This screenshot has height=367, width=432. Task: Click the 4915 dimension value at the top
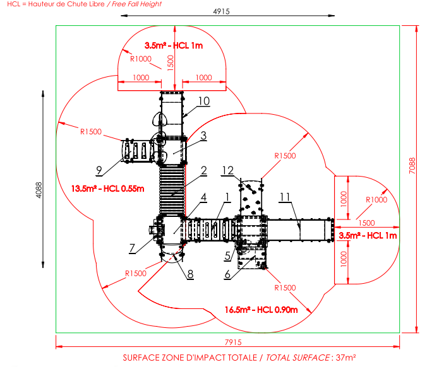coord(221,11)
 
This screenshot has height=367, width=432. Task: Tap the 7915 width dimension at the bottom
coord(233,342)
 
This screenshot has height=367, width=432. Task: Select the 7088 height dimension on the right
coord(412,166)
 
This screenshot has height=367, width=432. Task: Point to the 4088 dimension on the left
coord(39,190)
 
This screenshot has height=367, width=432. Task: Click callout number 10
coord(204,102)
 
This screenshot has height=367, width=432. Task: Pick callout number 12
coord(228,170)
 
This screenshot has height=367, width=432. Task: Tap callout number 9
coord(99,170)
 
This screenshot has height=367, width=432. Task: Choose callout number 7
coord(132,248)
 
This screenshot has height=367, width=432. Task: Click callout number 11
coord(285,197)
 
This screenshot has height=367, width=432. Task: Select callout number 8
coord(190,274)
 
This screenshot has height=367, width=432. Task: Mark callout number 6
coord(227,274)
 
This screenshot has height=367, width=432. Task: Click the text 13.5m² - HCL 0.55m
coord(108,189)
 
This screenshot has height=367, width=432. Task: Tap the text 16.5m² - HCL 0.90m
coord(261,310)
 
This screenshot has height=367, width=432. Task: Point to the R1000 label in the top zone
coord(141,59)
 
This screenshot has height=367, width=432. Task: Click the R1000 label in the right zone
coord(376,200)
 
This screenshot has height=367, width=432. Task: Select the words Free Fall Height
coord(136,4)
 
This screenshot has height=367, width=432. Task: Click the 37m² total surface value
coord(345,358)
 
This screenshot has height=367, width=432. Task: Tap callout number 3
coord(203,136)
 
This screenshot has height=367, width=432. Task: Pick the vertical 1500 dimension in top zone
coord(171,63)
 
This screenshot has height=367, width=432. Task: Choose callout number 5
coord(227,256)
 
